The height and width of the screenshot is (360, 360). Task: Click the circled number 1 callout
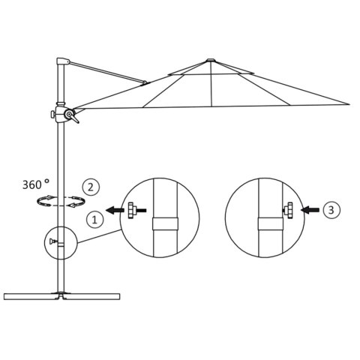pos(95,219)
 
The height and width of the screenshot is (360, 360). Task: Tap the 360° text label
pos(35,183)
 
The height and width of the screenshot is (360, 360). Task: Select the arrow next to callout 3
pos(310,211)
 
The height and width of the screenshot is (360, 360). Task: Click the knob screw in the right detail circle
pos(289,211)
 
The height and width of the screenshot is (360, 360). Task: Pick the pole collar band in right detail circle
pos(268,223)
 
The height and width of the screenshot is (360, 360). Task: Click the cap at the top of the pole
pos(62,61)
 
